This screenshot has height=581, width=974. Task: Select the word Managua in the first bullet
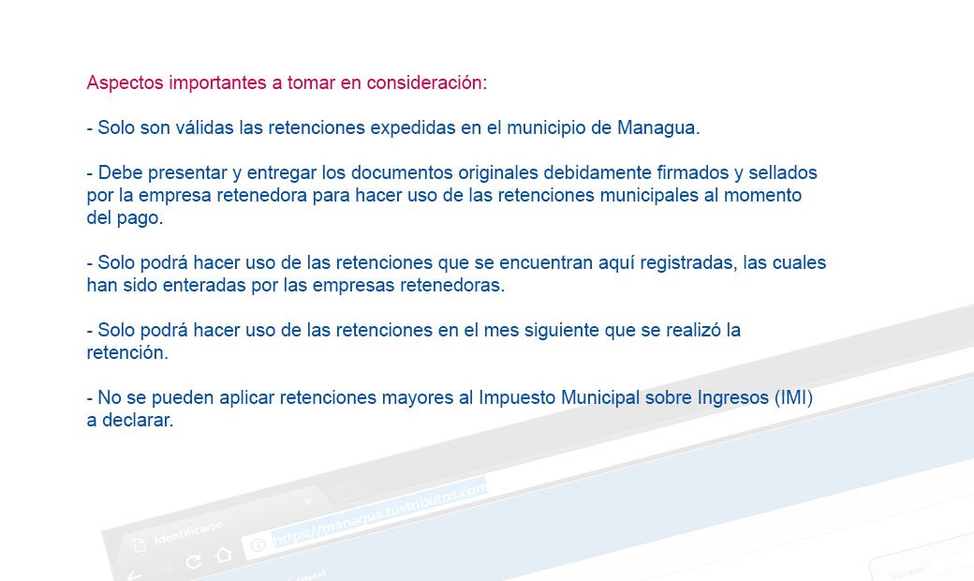(x=658, y=128)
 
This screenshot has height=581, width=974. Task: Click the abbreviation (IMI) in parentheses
(x=794, y=397)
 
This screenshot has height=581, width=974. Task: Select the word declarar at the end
(x=138, y=420)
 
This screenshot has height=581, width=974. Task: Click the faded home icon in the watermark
(x=222, y=554)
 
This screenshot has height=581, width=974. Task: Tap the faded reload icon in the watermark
(x=193, y=562)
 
